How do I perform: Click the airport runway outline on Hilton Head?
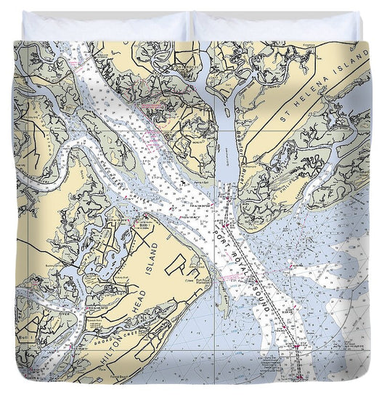tap(174, 269)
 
